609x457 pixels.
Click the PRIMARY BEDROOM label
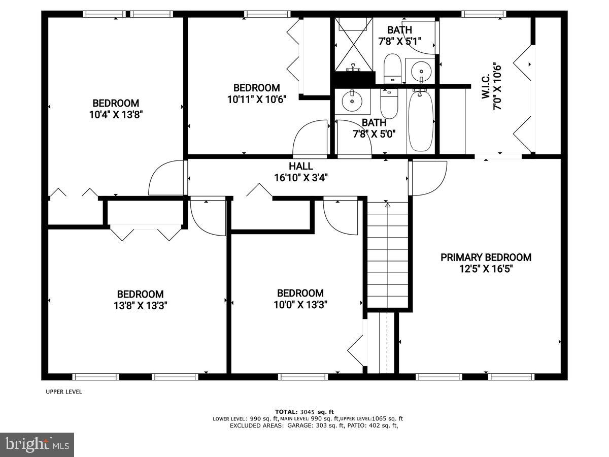pos(486,257)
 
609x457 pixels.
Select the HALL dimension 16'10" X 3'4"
pos(301,178)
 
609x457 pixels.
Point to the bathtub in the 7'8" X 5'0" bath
pos(420,121)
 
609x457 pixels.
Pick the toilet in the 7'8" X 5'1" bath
pos(392,68)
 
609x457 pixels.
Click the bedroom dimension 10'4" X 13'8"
pos(115,115)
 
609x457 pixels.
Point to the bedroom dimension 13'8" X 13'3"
pos(141,306)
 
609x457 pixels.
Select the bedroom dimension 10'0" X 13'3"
pos(300,305)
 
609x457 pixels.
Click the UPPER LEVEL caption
pos(64,391)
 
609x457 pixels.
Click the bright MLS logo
pos(37,445)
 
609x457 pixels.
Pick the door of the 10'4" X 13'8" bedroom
pos(166,178)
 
